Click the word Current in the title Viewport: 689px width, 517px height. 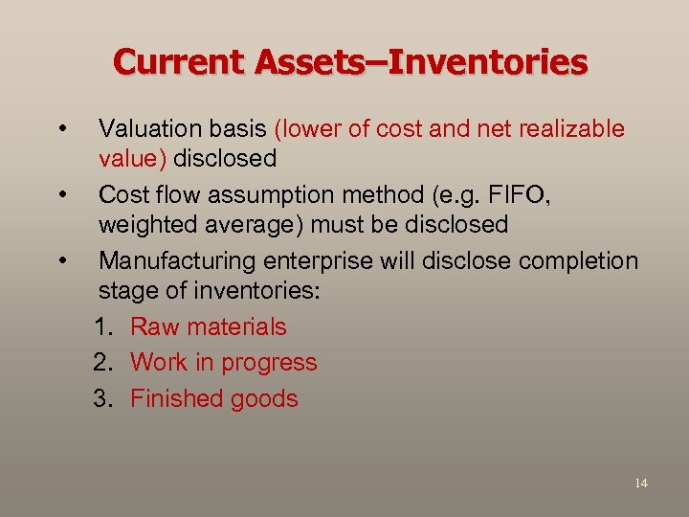(x=178, y=62)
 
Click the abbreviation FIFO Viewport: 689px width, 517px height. (x=521, y=195)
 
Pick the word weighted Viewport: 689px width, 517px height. (x=144, y=225)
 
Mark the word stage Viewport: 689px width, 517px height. (x=125, y=290)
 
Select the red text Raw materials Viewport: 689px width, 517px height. (x=208, y=326)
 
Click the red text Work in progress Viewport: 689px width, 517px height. (x=223, y=363)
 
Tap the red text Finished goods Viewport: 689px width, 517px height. (x=213, y=398)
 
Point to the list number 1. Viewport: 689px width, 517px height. (x=102, y=326)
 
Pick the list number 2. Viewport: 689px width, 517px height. (x=102, y=363)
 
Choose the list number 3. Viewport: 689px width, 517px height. (x=102, y=398)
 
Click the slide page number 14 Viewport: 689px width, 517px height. (x=640, y=483)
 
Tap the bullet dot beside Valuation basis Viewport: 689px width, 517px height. (x=62, y=129)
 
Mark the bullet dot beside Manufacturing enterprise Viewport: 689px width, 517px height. (x=62, y=261)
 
